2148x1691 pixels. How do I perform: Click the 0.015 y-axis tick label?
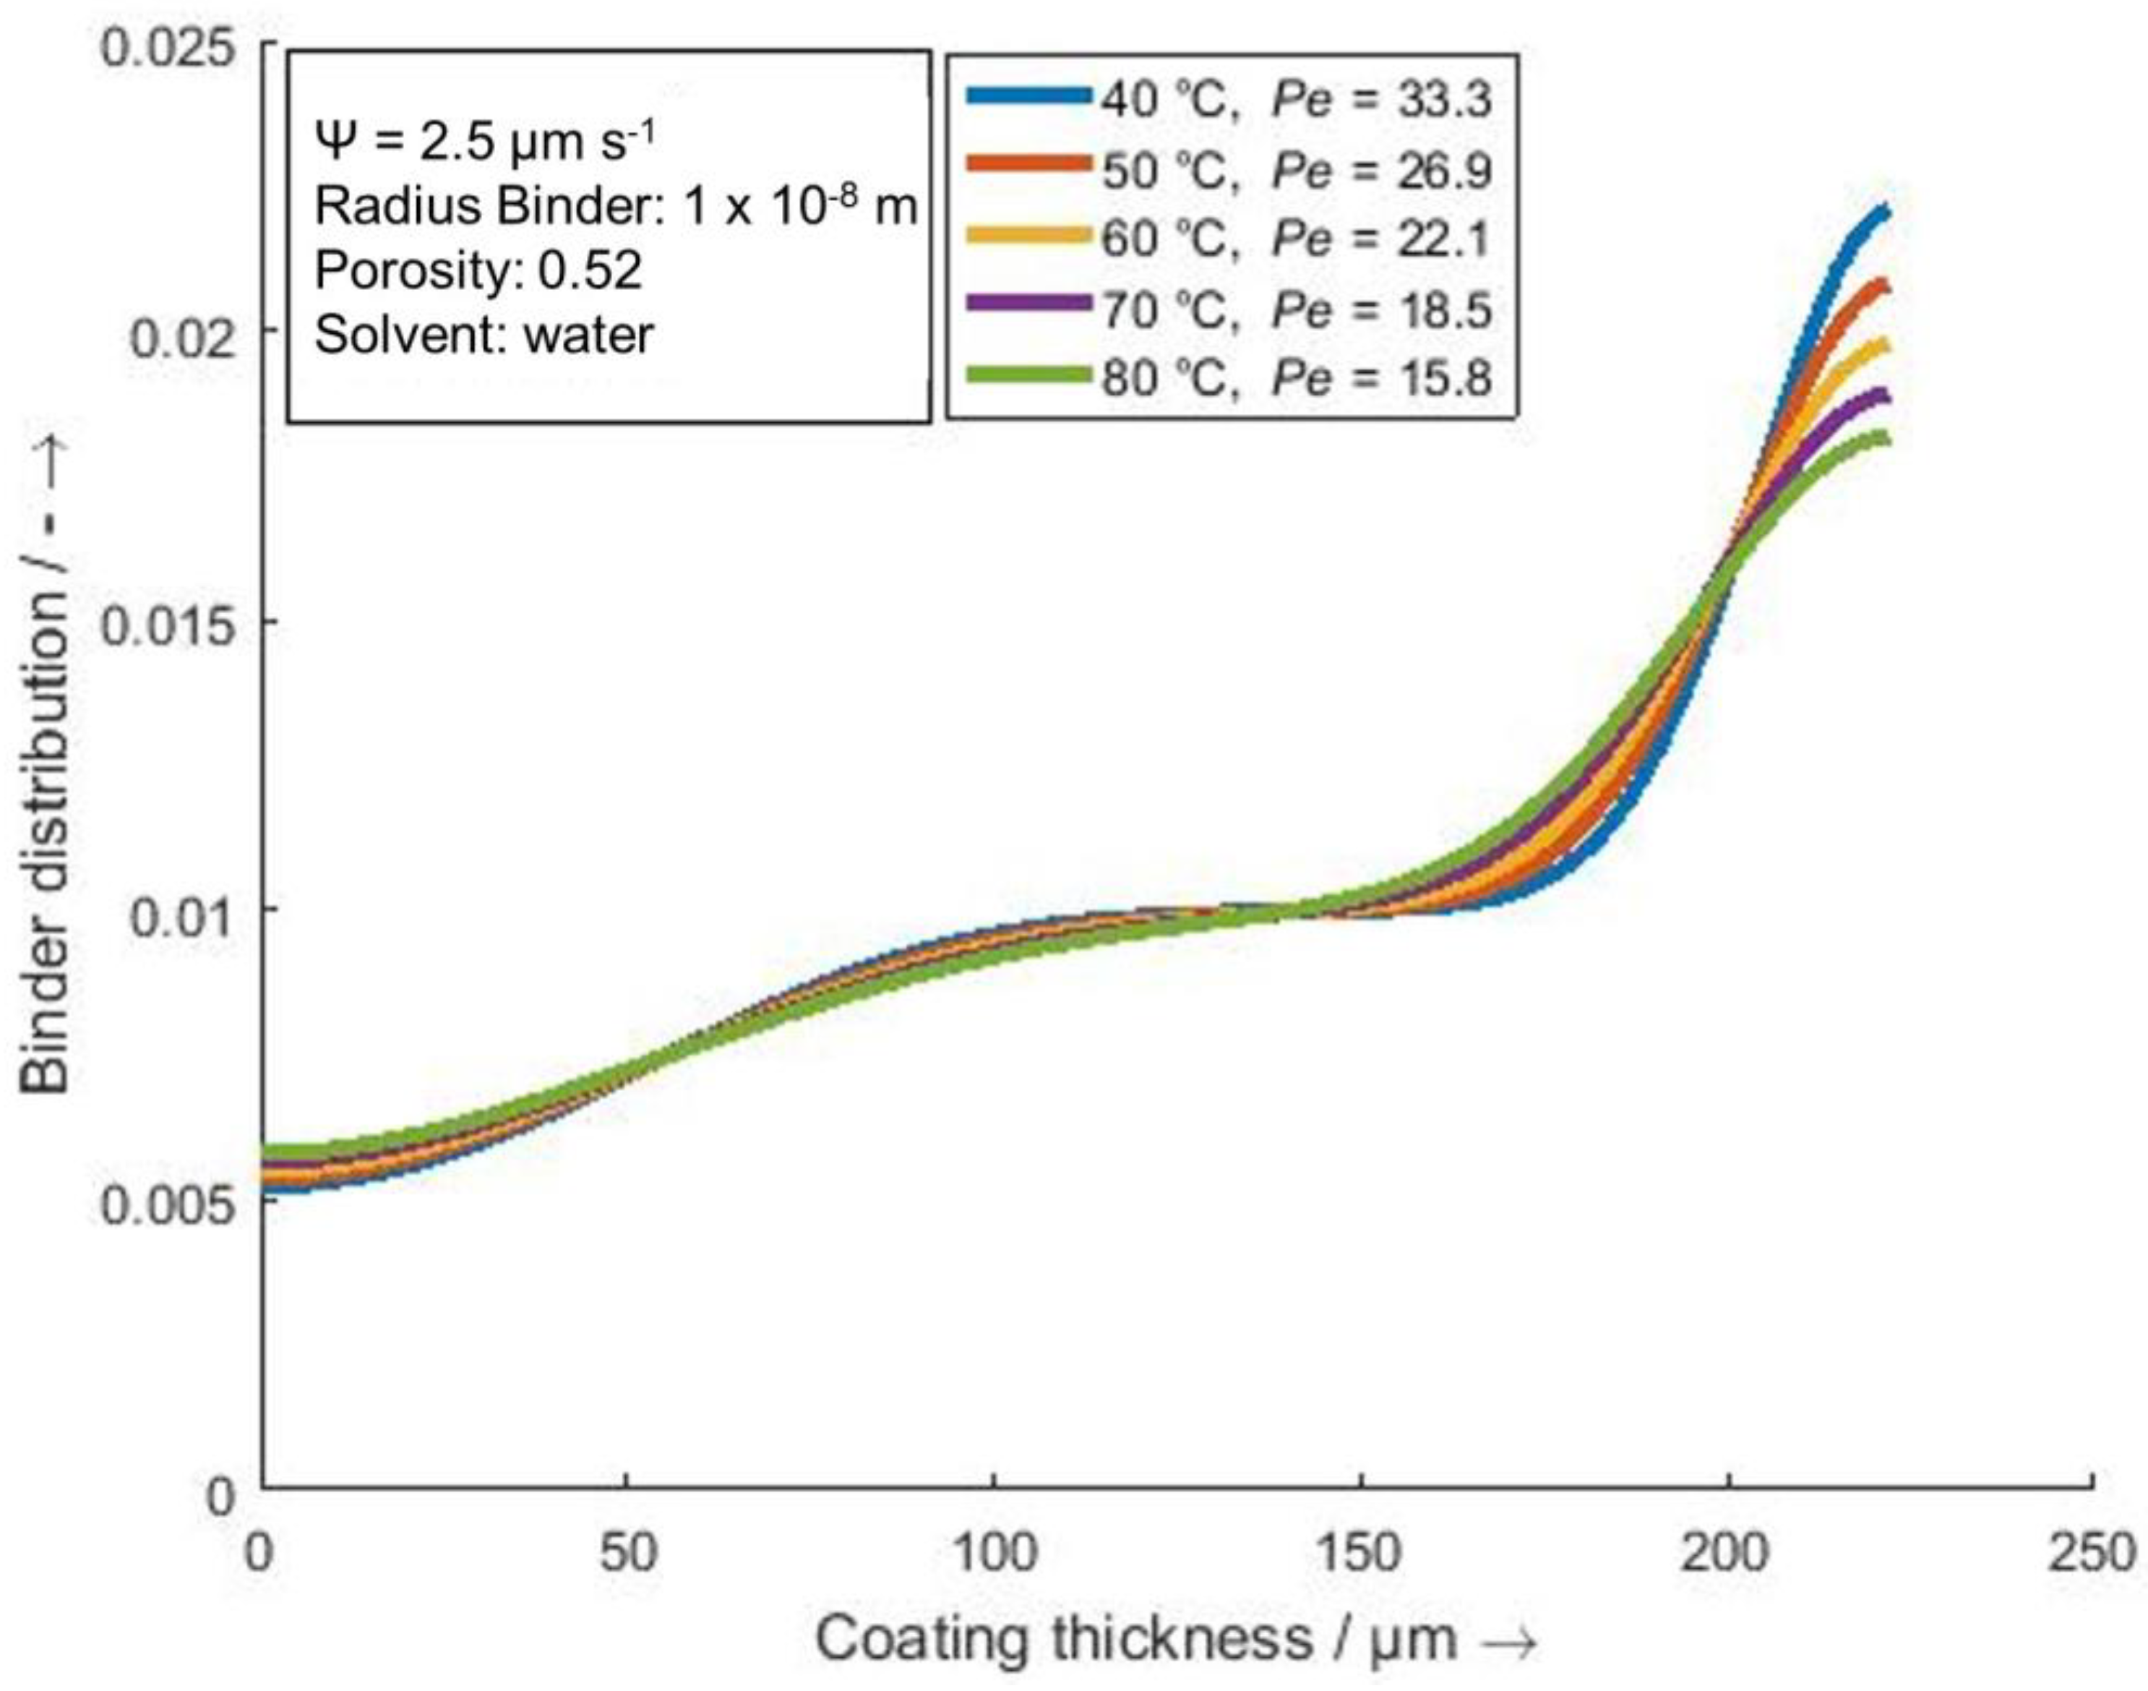171,624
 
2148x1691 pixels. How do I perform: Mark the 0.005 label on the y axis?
171,1203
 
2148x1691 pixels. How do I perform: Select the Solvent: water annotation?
483,335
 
